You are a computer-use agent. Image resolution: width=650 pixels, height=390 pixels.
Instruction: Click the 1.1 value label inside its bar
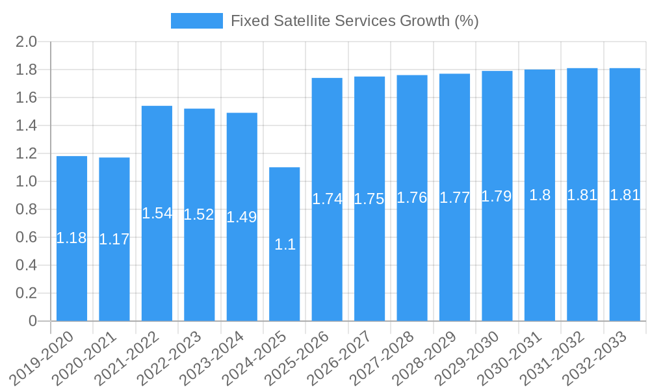tap(285, 244)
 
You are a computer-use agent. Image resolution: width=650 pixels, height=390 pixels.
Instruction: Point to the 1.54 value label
tap(157, 213)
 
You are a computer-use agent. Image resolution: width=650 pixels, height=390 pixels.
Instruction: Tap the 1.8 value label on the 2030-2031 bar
tap(539, 195)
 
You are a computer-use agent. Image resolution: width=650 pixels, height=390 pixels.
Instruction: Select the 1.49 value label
tap(242, 217)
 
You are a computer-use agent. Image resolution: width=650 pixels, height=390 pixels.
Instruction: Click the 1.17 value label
tap(114, 239)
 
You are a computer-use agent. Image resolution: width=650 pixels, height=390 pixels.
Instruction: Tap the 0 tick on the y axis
tap(32, 321)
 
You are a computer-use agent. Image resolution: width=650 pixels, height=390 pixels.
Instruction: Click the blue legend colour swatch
tap(196, 21)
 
